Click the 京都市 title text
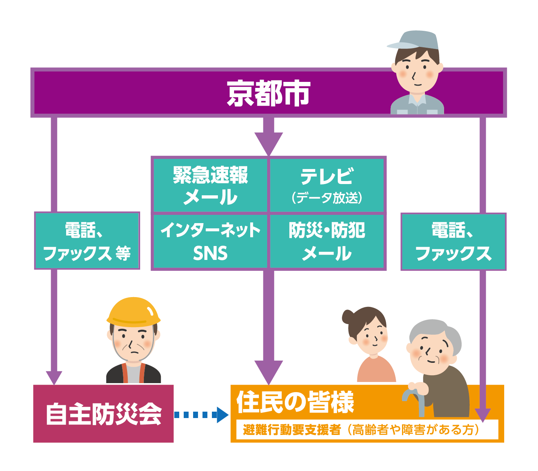tap(268, 93)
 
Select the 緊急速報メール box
tap(210, 186)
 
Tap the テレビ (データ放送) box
tap(327, 186)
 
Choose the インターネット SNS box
tap(210, 241)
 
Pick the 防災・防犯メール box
tap(327, 241)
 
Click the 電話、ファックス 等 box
tap(87, 241)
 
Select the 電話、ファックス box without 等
tap(453, 242)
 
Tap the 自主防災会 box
tap(103, 414)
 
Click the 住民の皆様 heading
tap(295, 402)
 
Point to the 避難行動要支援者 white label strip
tap(367, 430)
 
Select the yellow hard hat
tap(133, 311)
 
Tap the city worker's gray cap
tap(417, 41)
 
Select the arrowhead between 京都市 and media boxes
tap(269, 142)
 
